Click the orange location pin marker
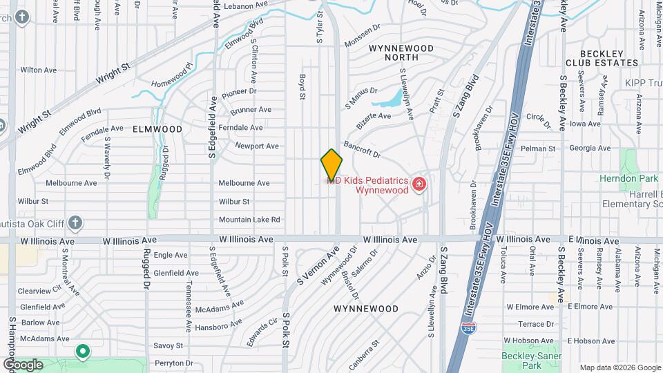pos(331,165)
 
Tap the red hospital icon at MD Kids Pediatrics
pos(418,184)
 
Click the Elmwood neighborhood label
pos(157,129)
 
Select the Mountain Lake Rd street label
pos(249,220)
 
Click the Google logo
pos(23,364)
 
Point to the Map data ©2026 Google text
pos(619,367)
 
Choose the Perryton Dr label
pos(173,363)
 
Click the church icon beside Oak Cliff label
pos(75,222)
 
